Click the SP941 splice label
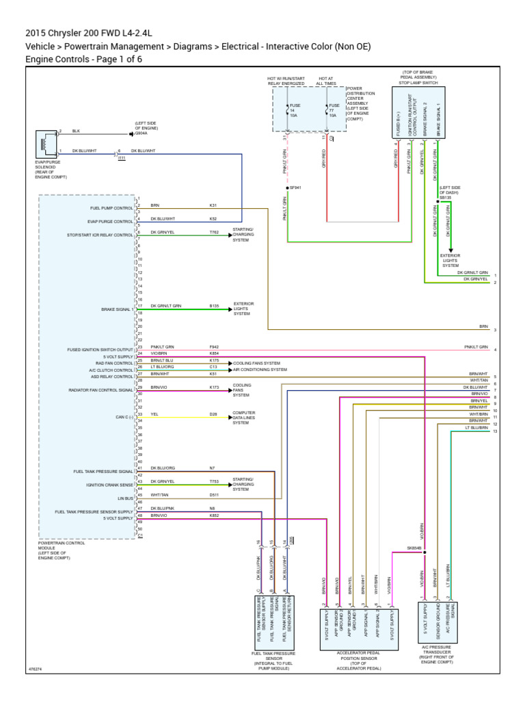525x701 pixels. [295, 187]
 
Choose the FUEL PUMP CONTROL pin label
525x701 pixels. [111, 207]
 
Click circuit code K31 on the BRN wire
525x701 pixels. [213, 205]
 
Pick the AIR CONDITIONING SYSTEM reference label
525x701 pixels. [260, 369]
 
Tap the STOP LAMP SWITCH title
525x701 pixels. [418, 83]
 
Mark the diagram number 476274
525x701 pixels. [35, 670]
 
